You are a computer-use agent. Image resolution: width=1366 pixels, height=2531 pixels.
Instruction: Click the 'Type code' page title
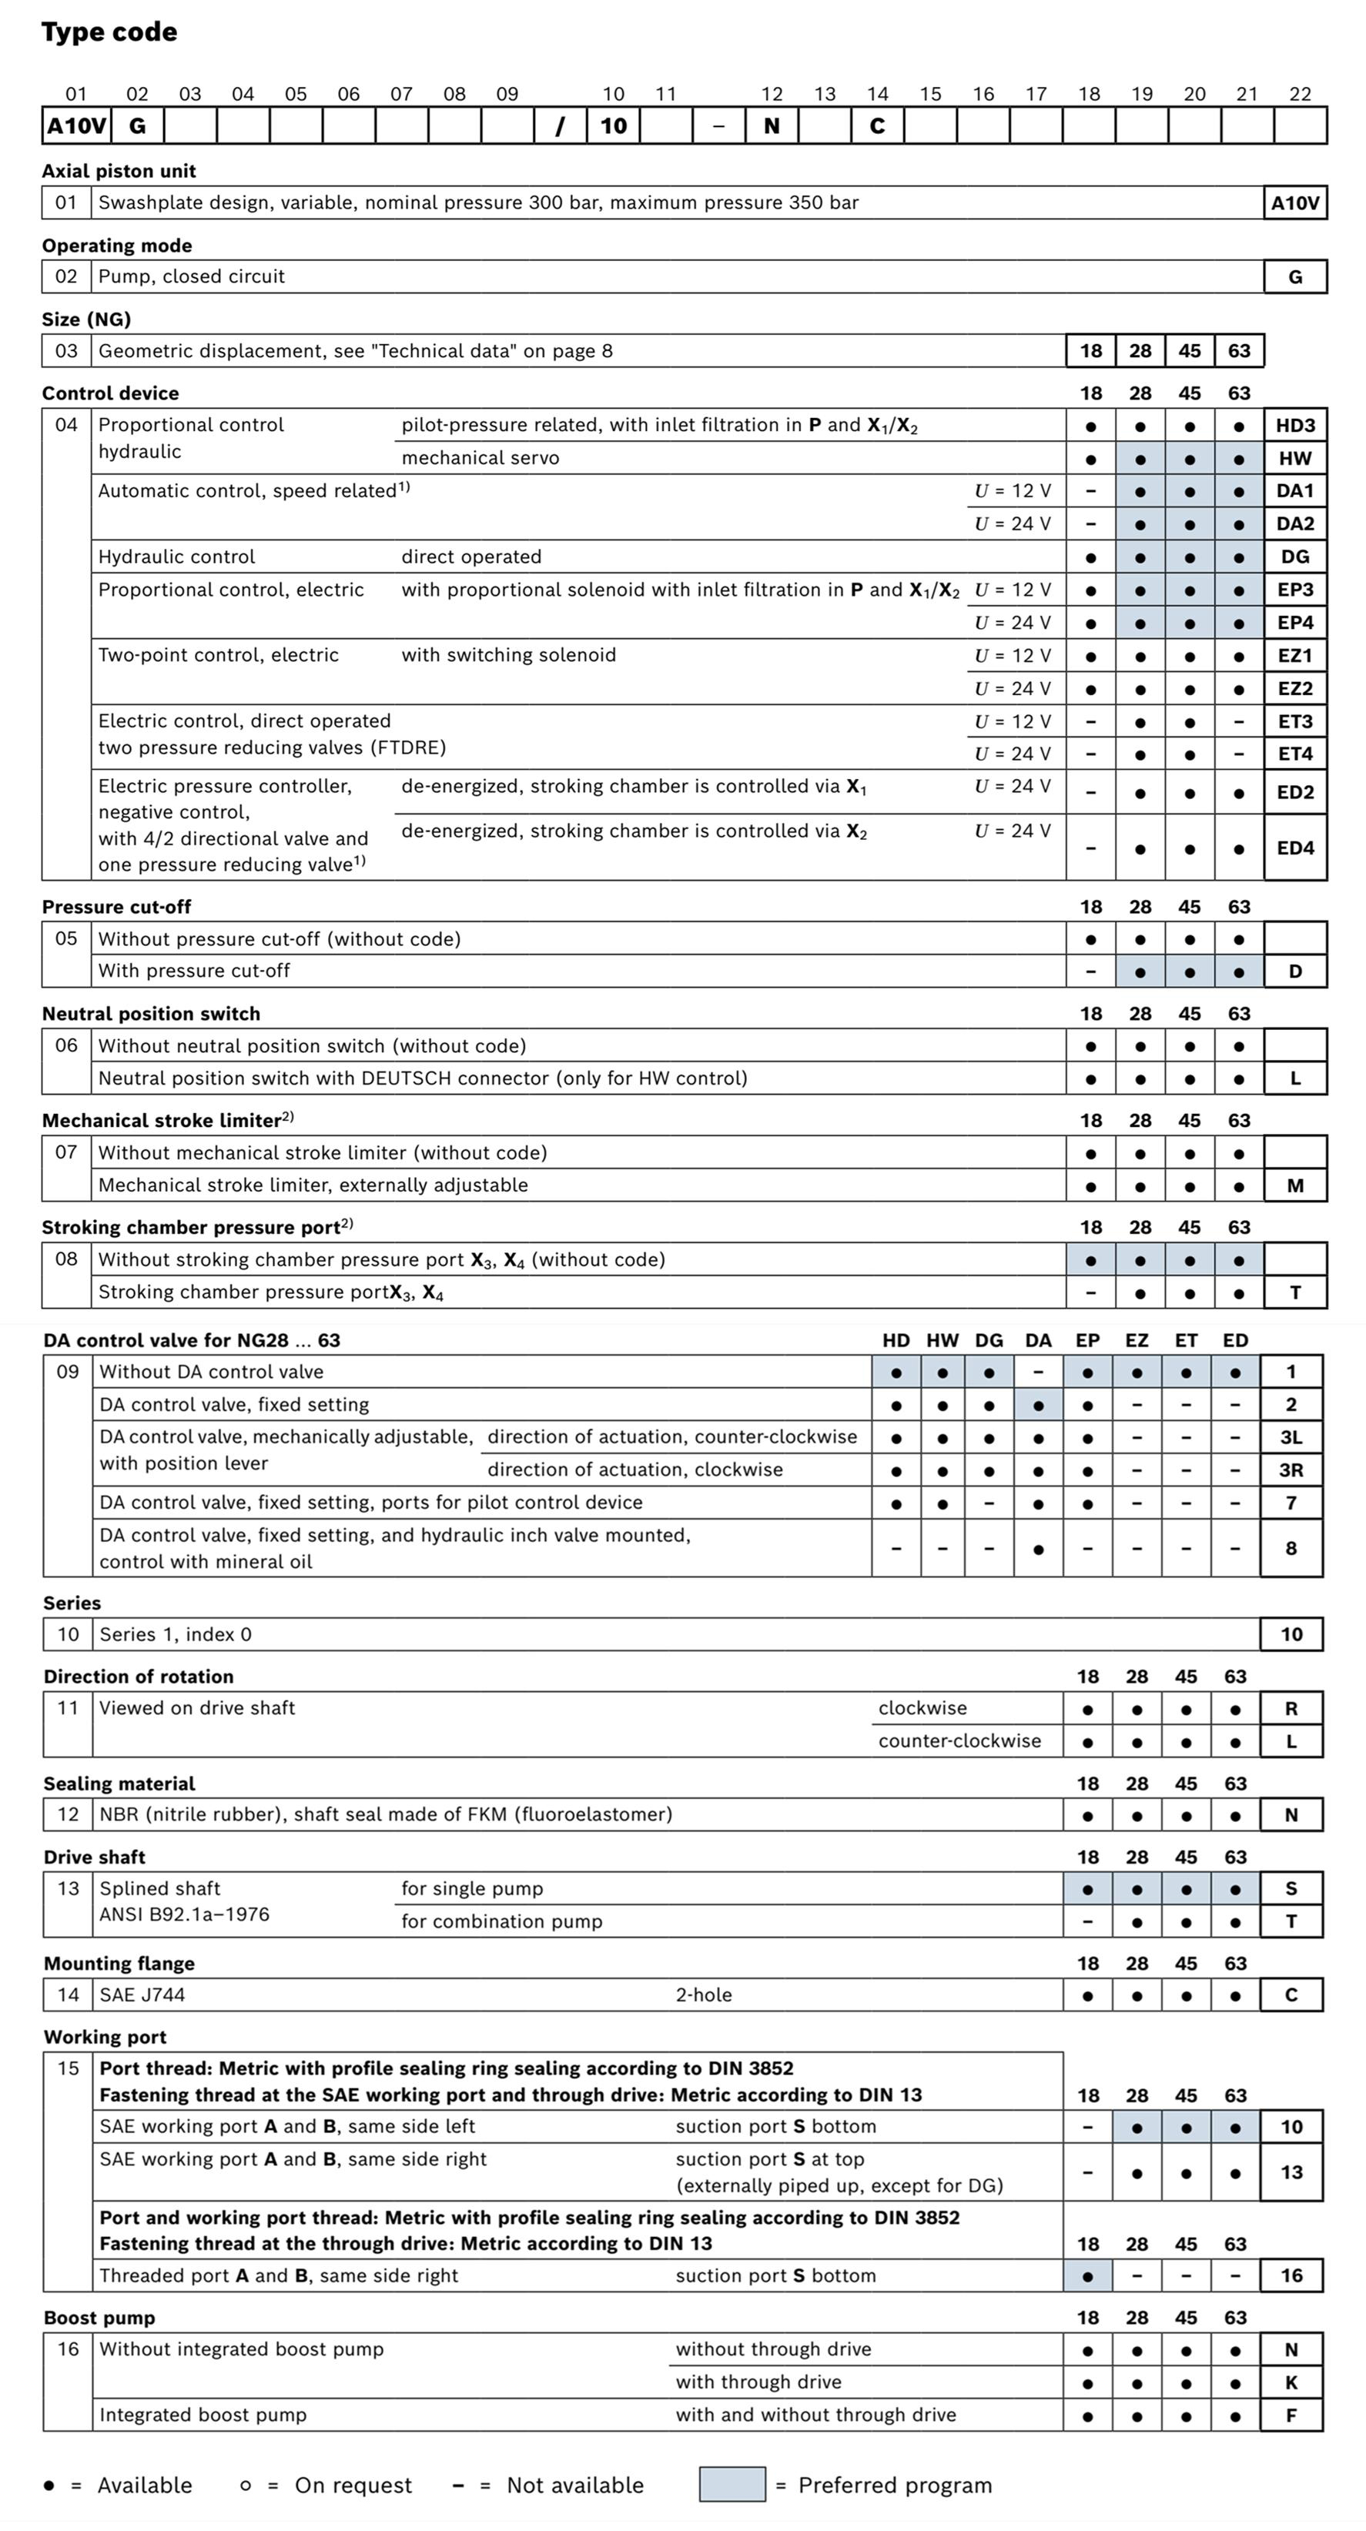(x=109, y=32)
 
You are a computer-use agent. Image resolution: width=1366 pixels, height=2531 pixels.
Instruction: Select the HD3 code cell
(x=1294, y=426)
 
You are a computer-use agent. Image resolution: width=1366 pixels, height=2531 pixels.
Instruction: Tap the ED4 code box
(x=1294, y=848)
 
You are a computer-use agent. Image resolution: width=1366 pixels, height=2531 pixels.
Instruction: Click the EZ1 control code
(x=1294, y=655)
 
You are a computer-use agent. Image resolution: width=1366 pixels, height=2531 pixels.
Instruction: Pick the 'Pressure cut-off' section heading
(x=116, y=907)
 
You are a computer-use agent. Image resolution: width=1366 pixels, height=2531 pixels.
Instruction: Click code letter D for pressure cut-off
(x=1294, y=971)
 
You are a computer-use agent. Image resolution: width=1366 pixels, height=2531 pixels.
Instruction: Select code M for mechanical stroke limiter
(x=1294, y=1186)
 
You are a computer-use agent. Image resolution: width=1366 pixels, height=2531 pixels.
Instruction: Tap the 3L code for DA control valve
(x=1291, y=1437)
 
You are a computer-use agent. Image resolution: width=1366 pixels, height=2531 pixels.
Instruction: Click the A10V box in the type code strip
(x=77, y=125)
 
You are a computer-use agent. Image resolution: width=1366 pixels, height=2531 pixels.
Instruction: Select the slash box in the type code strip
(x=560, y=125)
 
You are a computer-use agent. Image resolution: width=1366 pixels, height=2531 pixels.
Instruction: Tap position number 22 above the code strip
(x=1299, y=95)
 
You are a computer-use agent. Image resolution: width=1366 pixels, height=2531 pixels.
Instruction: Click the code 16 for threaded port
(x=1291, y=2275)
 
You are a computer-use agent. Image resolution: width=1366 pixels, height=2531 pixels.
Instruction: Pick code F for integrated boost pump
(x=1291, y=2415)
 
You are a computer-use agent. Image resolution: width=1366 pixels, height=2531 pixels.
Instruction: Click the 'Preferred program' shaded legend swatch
(x=732, y=2485)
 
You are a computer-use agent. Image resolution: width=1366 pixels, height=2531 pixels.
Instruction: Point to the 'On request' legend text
(x=353, y=2486)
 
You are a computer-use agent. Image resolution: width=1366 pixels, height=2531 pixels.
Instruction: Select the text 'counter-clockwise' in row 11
(x=959, y=1741)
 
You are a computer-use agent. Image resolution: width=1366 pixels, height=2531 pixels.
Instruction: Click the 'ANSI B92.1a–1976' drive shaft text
(x=184, y=1914)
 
